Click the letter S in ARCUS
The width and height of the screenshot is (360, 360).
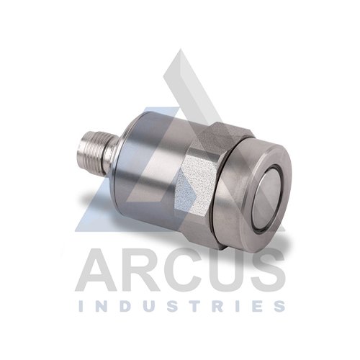(x=266, y=270)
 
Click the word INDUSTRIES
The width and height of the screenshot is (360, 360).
(x=181, y=306)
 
